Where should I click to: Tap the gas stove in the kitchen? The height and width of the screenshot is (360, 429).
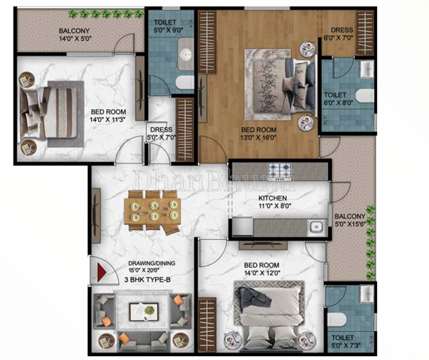(279, 172)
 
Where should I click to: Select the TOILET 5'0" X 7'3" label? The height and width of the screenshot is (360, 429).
(344, 342)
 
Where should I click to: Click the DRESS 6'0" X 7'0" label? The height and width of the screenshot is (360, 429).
(339, 33)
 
